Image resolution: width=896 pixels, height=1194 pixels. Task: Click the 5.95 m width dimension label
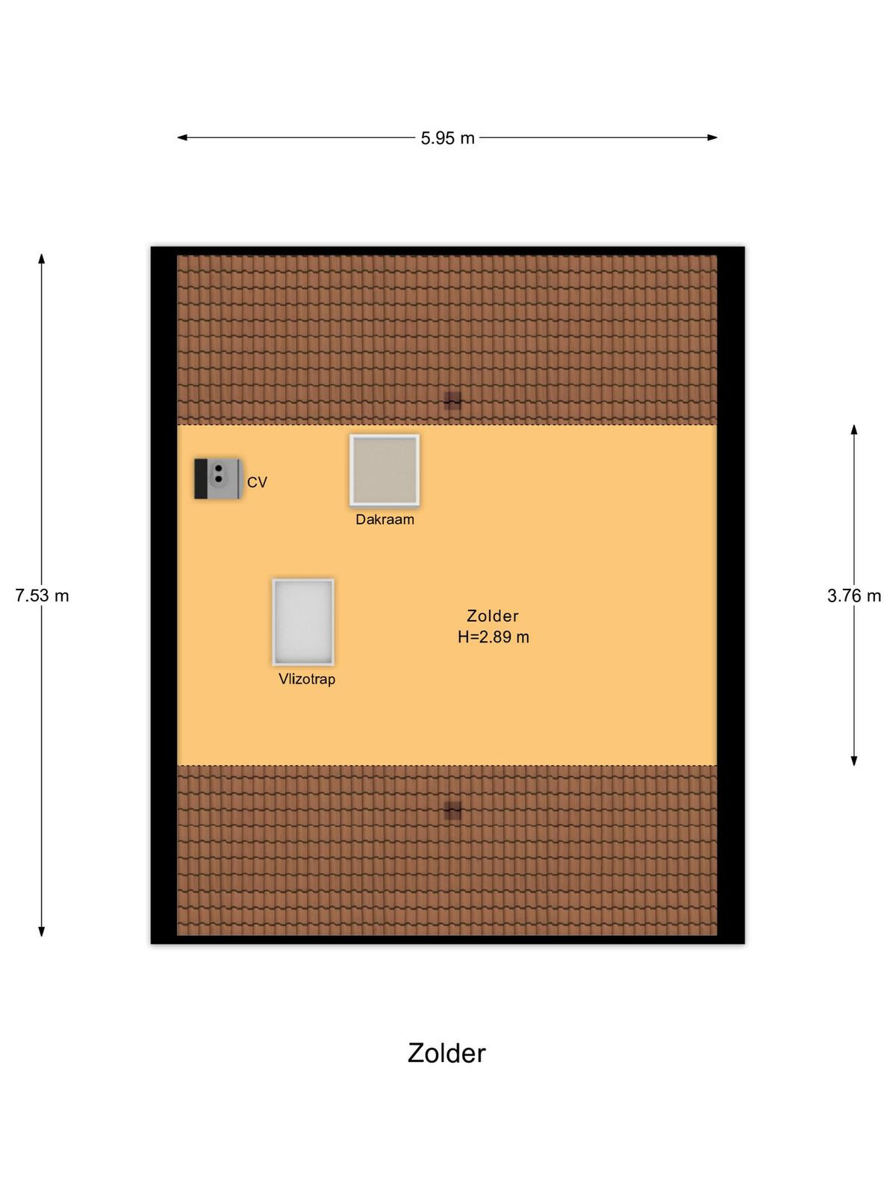pyautogui.click(x=447, y=138)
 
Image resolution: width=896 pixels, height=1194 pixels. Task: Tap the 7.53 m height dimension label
pyautogui.click(x=42, y=596)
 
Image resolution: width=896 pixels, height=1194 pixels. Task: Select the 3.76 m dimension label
pyautogui.click(x=853, y=596)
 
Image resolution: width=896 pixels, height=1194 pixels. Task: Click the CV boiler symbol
pyautogui.click(x=218, y=478)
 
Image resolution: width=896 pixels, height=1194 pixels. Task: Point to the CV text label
pyautogui.click(x=257, y=483)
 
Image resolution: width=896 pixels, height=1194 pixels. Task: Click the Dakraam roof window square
pyautogui.click(x=384, y=470)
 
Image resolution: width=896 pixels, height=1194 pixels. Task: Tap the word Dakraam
pyautogui.click(x=385, y=519)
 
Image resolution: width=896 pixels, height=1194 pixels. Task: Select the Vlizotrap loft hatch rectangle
pyautogui.click(x=303, y=622)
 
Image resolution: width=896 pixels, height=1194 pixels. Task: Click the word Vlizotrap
pyautogui.click(x=307, y=679)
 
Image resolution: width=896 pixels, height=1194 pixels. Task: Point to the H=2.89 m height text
pyautogui.click(x=493, y=637)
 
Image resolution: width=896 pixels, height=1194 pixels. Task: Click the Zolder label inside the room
pyautogui.click(x=492, y=616)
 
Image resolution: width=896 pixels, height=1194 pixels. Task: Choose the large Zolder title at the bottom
pyautogui.click(x=447, y=1053)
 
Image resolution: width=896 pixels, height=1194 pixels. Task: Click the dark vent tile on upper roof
pyautogui.click(x=452, y=400)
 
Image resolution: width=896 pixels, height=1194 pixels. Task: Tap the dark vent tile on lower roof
pyautogui.click(x=452, y=810)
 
